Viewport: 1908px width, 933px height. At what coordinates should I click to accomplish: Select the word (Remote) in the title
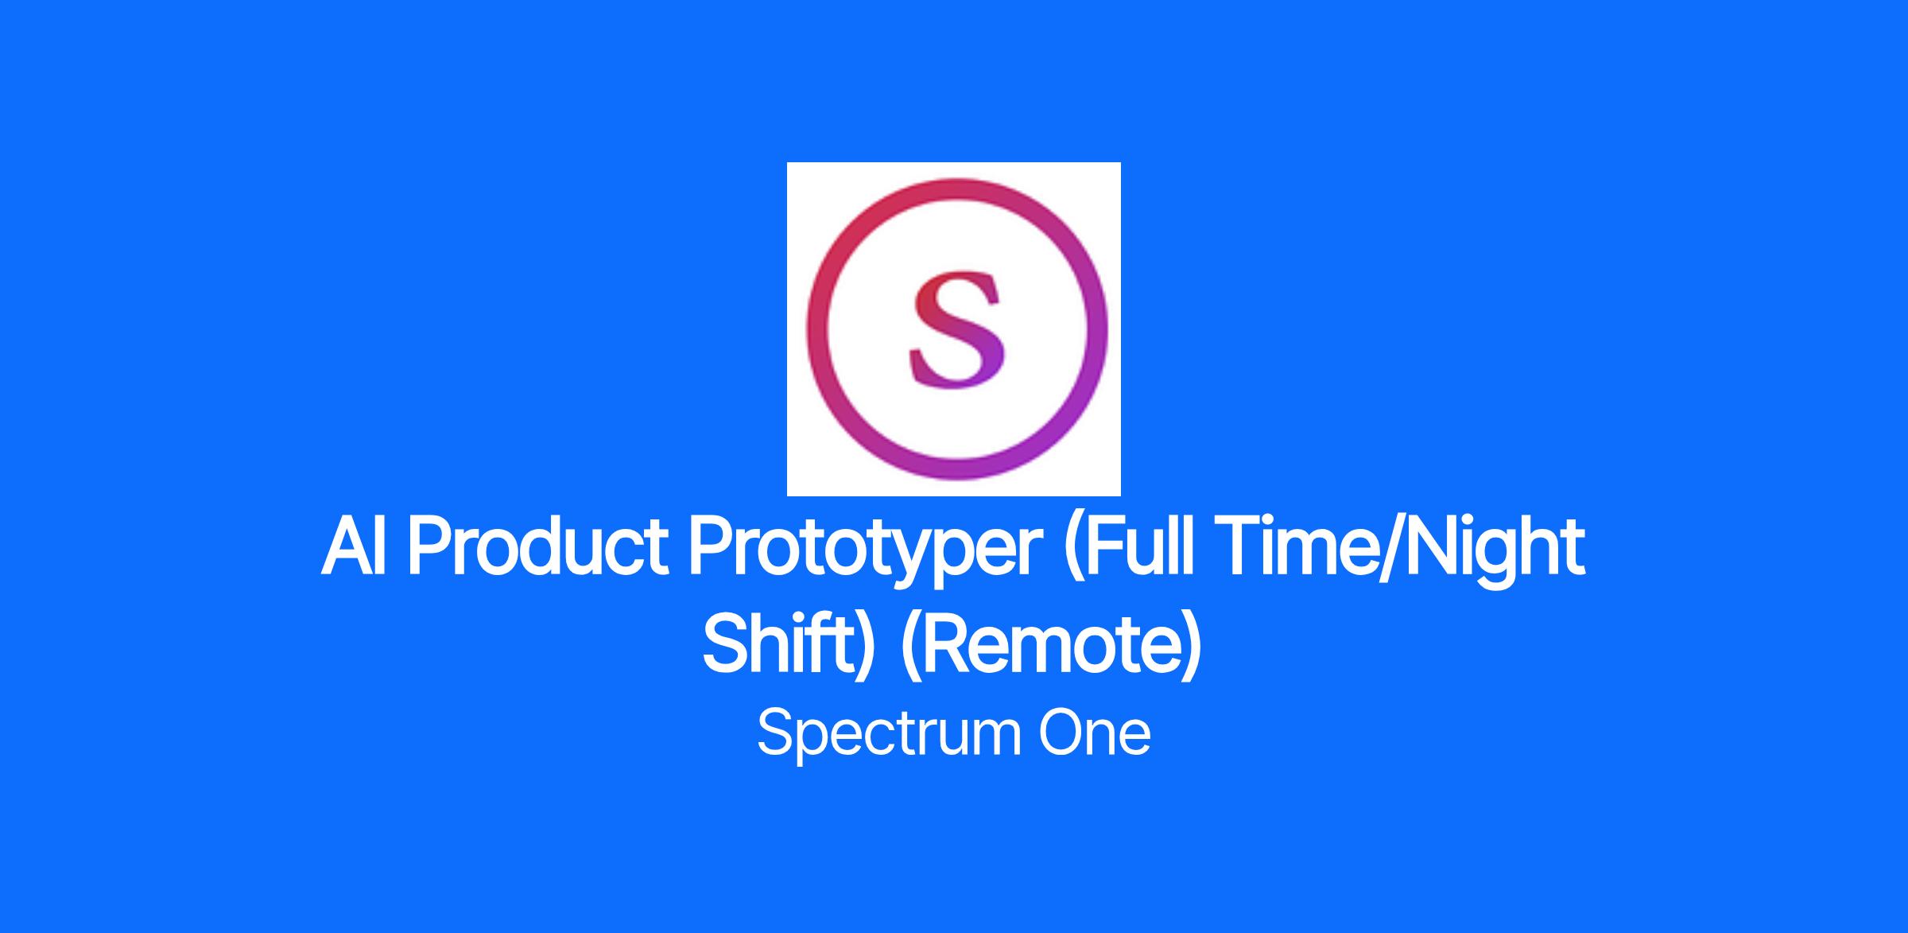click(1052, 648)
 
